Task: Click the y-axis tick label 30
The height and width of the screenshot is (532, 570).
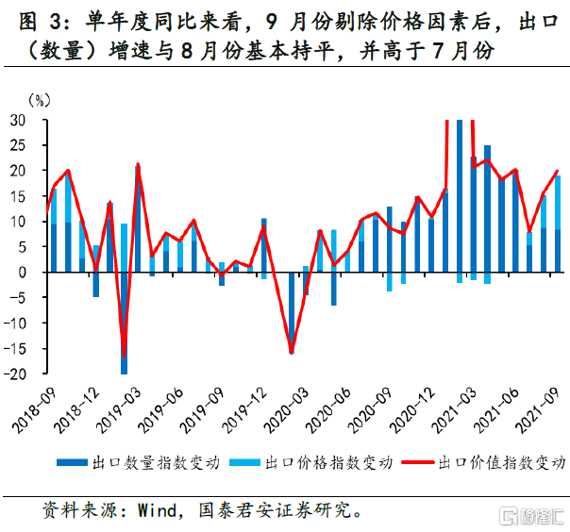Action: tap(18, 120)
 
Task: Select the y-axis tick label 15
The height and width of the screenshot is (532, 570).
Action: tap(18, 196)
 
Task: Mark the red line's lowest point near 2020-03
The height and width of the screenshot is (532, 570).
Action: tap(291, 353)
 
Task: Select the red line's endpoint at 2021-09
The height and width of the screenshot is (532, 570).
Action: tap(558, 171)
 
